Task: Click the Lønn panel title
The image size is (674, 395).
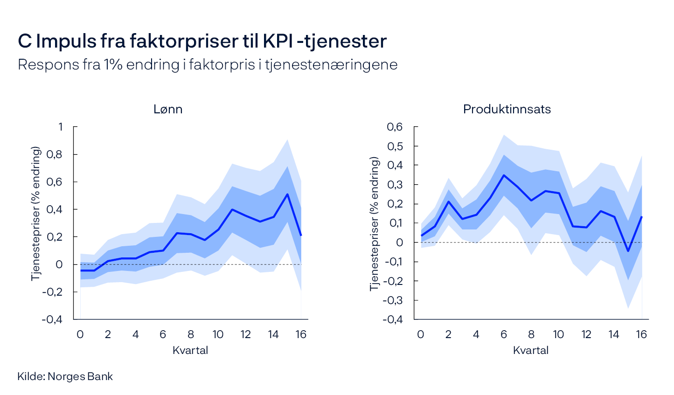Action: click(x=168, y=109)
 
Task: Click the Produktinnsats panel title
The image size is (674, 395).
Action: click(x=507, y=109)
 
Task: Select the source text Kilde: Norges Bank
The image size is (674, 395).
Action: click(x=65, y=376)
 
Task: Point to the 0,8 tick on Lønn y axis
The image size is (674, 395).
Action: click(x=54, y=154)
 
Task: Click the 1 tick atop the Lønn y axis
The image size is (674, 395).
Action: click(x=60, y=127)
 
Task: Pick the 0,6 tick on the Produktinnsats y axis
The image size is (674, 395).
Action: click(x=394, y=127)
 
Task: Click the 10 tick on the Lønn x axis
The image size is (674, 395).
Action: click(x=218, y=334)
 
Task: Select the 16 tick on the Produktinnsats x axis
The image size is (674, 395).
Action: click(x=641, y=334)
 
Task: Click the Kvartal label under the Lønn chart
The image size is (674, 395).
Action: click(x=190, y=350)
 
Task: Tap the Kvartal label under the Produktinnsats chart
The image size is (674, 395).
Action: click(x=531, y=350)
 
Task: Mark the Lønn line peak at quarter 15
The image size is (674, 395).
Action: click(x=287, y=194)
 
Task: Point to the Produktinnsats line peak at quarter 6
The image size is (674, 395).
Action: click(x=504, y=175)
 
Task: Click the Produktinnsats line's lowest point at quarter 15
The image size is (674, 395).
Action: click(x=628, y=251)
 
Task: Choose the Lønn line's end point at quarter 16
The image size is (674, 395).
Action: click(x=301, y=235)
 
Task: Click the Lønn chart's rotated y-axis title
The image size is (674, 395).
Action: click(x=36, y=214)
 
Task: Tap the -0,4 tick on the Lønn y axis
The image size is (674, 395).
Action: click(x=52, y=319)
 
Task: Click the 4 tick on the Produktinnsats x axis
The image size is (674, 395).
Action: click(x=476, y=334)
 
